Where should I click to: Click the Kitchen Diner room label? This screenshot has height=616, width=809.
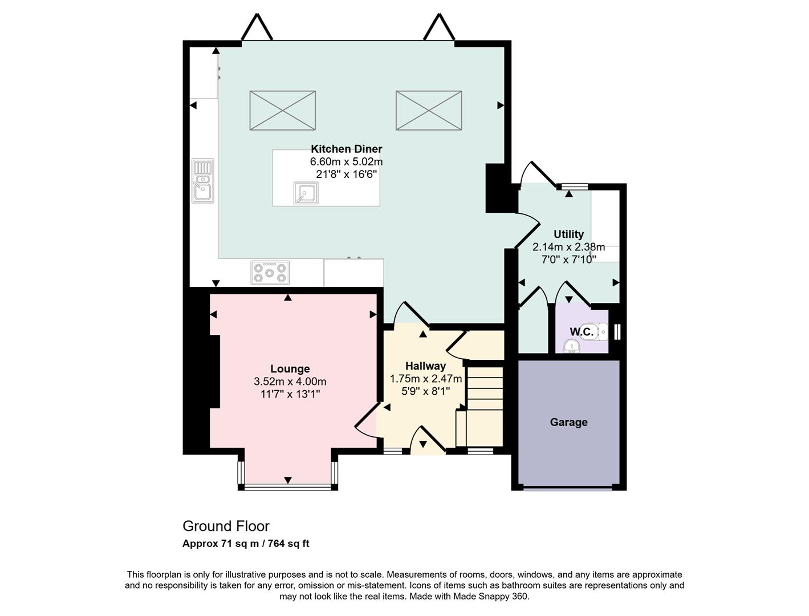pos(346,149)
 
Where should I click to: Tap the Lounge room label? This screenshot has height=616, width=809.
pos(290,369)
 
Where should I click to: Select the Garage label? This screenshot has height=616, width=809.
pos(568,422)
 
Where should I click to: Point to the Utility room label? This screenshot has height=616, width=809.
pos(568,234)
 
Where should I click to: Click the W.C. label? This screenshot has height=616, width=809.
pos(581,332)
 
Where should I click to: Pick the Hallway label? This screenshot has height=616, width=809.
pos(425,366)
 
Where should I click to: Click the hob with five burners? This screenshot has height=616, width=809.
pos(270,272)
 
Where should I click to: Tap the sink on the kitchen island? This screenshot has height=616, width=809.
pos(306,193)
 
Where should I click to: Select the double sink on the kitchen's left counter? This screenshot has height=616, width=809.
pos(202,181)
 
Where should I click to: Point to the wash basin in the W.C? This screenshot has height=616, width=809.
pos(571,346)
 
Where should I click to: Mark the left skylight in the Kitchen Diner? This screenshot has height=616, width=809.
pos(283,110)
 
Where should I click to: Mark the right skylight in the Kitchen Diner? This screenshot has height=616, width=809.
pos(429,110)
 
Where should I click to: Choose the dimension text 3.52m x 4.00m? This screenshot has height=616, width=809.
pos(290,382)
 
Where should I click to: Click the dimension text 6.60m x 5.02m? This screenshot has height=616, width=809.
pos(346,162)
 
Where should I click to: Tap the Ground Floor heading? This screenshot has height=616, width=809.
pos(226,526)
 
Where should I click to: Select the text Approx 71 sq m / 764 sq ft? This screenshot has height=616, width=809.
pos(246,544)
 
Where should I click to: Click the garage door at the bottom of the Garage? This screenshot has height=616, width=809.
pos(568,488)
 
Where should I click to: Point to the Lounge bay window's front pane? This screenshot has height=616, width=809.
pos(287,487)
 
